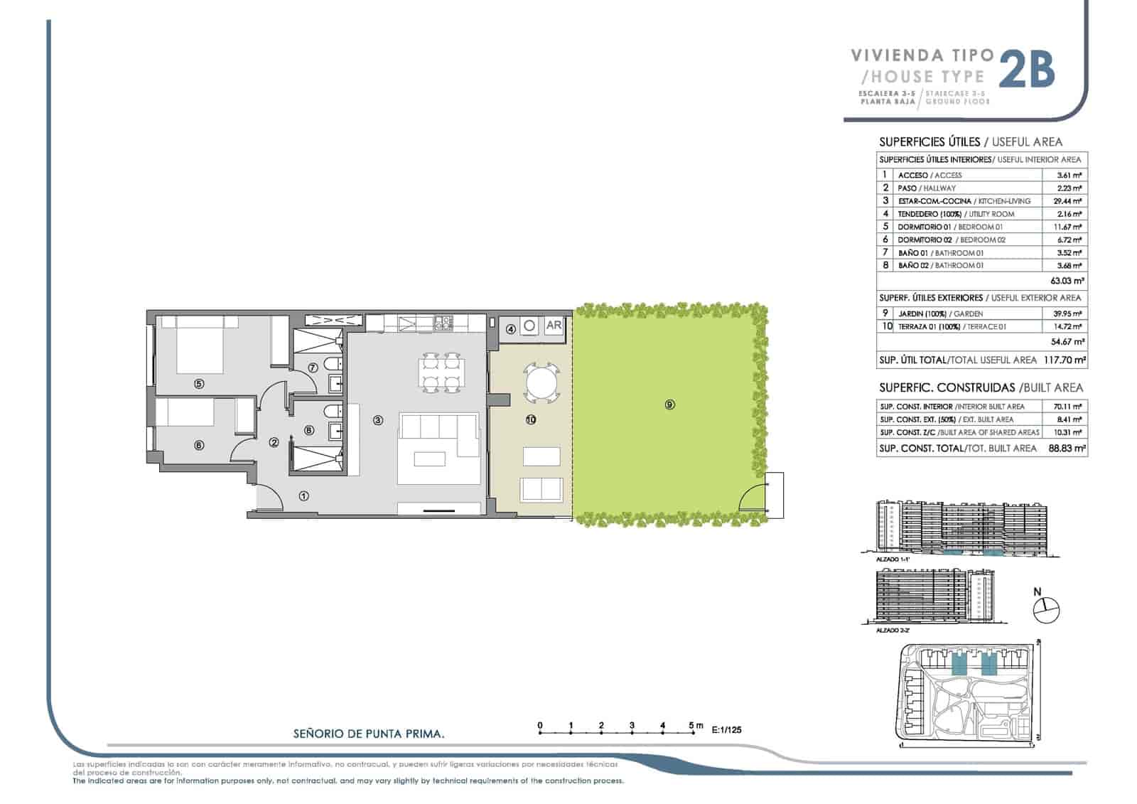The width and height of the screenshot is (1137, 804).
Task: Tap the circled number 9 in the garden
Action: tap(669, 404)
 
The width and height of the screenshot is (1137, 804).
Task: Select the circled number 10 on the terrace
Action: tap(530, 419)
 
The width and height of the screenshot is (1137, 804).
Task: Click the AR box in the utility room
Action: tap(554, 326)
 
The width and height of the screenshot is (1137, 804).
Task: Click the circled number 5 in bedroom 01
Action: tap(199, 384)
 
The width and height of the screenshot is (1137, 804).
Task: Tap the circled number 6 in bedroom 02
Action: tap(199, 445)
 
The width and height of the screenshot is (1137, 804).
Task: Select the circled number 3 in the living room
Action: tap(378, 420)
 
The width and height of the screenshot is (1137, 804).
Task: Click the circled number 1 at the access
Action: tap(304, 495)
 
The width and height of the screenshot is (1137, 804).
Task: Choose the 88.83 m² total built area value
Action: tap(1067, 449)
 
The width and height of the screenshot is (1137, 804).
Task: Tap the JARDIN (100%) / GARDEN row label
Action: tap(930, 313)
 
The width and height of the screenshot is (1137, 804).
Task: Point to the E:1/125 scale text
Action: tap(726, 729)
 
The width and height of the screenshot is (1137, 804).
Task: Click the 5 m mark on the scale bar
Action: tap(692, 726)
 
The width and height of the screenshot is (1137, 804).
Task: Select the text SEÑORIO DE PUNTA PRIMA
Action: tap(369, 734)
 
